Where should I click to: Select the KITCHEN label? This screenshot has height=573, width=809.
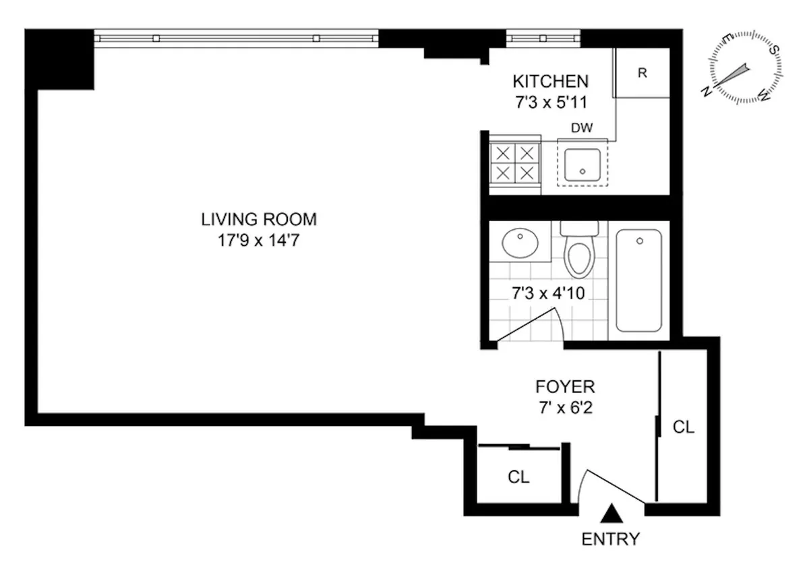(x=550, y=82)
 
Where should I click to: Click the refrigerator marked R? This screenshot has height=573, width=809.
(x=642, y=73)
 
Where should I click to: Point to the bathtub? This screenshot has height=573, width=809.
(x=638, y=280)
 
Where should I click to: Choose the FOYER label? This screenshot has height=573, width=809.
(x=565, y=387)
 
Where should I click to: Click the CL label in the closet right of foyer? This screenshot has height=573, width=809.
(x=683, y=427)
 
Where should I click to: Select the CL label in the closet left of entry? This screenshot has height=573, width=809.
(x=518, y=477)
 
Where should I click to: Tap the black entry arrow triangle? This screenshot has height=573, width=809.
(x=611, y=514)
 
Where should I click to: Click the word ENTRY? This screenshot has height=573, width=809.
(x=610, y=539)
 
